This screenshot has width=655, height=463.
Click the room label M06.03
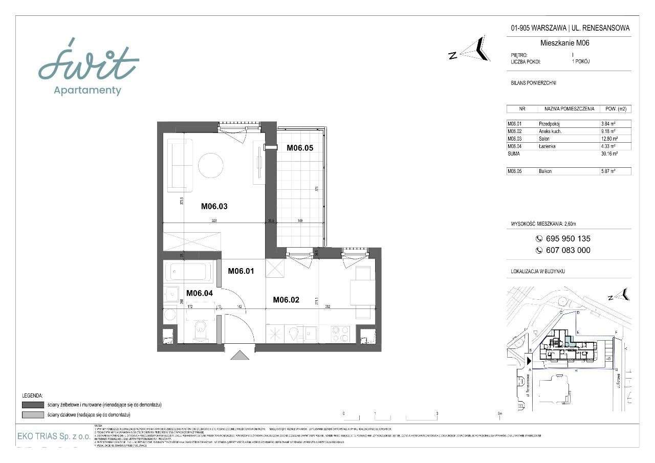click(214, 207)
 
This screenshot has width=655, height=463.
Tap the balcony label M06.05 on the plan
click(299, 148)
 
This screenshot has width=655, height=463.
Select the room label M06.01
click(241, 271)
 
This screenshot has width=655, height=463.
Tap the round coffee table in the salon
click(211, 165)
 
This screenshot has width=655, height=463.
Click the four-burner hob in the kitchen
click(340, 334)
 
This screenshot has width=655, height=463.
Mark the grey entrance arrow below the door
click(239, 355)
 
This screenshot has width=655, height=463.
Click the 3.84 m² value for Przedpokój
click(608, 124)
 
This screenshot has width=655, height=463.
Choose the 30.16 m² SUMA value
click(609, 153)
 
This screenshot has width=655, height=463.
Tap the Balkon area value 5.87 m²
click(608, 171)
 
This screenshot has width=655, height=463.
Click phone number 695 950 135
click(563, 238)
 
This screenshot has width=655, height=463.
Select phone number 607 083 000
click(563, 250)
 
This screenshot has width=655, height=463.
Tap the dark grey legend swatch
click(33, 405)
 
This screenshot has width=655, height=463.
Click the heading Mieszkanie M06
click(564, 43)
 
